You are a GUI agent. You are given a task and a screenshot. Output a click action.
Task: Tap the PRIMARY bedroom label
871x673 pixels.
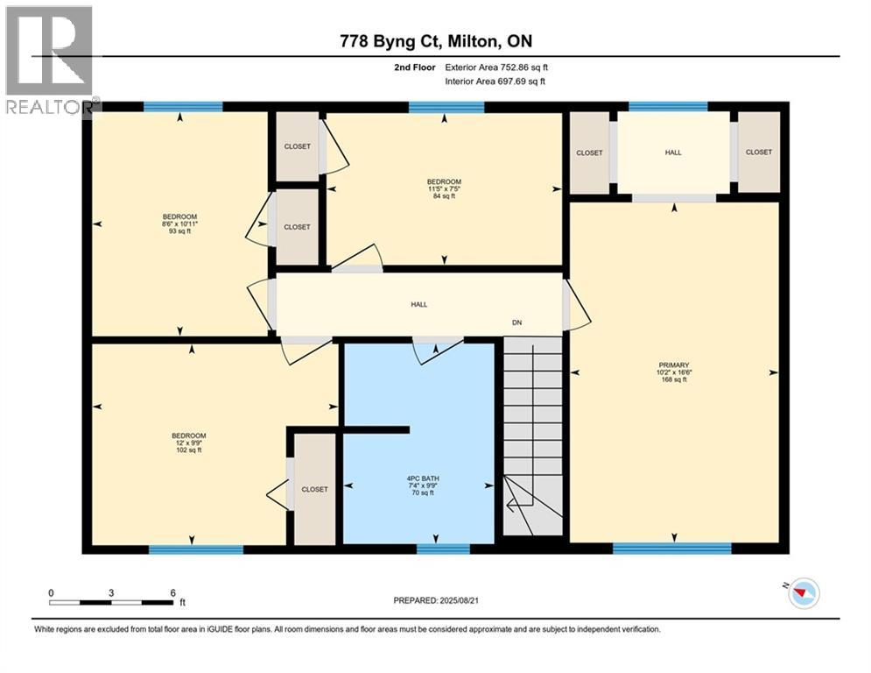[674, 372]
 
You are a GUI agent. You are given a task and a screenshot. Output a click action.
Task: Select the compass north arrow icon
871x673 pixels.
[802, 595]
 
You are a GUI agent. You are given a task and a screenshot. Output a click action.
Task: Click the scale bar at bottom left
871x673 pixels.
[111, 601]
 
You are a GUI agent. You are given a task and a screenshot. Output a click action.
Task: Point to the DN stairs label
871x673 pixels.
[517, 322]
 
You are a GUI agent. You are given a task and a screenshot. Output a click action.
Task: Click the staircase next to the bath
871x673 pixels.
[533, 438]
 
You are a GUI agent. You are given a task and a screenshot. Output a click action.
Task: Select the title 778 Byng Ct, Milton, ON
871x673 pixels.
[435, 41]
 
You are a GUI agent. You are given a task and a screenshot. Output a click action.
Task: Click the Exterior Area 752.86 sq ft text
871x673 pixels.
[497, 67]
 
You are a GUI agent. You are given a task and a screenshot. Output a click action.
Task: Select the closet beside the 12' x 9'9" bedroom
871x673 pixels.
[314, 489]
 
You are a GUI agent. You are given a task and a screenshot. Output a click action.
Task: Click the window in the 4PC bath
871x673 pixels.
[443, 549]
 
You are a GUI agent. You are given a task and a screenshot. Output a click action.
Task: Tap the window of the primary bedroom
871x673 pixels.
[671, 549]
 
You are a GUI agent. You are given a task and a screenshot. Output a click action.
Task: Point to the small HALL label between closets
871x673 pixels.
[672, 152]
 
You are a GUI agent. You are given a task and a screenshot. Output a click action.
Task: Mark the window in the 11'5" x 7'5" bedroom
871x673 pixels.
[446, 108]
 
